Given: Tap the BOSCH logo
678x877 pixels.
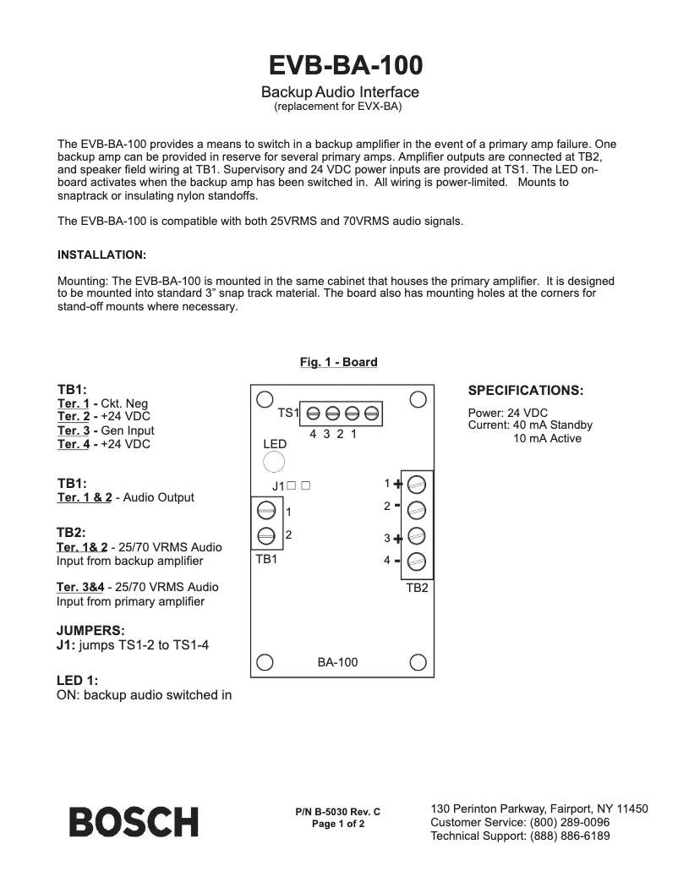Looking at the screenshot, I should pyautogui.click(x=134, y=822).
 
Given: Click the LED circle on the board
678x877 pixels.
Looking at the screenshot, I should pyautogui.click(x=274, y=462).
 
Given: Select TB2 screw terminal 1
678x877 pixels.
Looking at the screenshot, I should pyautogui.click(x=416, y=485).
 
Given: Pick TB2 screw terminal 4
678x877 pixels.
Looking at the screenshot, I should pyautogui.click(x=416, y=561).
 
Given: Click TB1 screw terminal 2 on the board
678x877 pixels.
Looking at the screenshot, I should pyautogui.click(x=266, y=535).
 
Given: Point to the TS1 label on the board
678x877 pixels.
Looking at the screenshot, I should pyautogui.click(x=288, y=413).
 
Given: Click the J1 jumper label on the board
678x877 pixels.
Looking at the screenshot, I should pyautogui.click(x=278, y=486).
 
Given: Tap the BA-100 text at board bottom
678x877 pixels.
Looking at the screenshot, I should pyautogui.click(x=337, y=662).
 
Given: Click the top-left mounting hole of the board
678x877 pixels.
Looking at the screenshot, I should pyautogui.click(x=264, y=399).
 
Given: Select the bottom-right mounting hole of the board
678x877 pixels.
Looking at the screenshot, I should pyautogui.click(x=418, y=662).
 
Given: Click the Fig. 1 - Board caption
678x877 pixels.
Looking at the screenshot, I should pyautogui.click(x=338, y=362).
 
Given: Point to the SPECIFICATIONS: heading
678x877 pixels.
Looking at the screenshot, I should pyautogui.click(x=525, y=391).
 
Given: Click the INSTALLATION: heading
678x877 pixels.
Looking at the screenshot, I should pyautogui.click(x=101, y=255).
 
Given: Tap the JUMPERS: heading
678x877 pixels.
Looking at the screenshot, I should pyautogui.click(x=90, y=631).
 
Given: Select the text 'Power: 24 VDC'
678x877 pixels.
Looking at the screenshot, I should pyautogui.click(x=508, y=413).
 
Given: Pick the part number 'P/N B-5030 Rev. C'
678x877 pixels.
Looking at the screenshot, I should pyautogui.click(x=338, y=812).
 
